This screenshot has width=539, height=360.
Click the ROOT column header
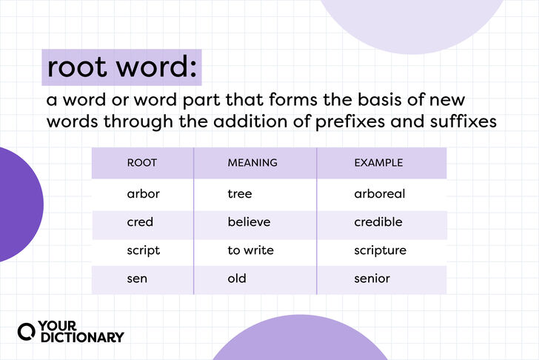coord(141,162)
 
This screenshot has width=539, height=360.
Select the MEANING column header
coord(252,162)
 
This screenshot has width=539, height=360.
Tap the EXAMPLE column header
coord(378,162)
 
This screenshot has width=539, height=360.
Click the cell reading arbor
coord(143,194)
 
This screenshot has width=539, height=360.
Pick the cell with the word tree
coord(240,194)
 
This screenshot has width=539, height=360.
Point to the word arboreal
coord(380,194)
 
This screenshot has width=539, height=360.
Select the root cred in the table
coord(140,222)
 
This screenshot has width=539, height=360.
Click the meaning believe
coord(249,222)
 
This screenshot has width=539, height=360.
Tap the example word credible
coord(378,222)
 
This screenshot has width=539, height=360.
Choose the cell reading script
coord(143,250)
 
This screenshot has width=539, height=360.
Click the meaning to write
coord(250,250)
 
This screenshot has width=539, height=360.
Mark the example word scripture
coord(381,250)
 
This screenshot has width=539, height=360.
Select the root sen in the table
coord(138,279)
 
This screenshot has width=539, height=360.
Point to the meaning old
coord(237,279)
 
